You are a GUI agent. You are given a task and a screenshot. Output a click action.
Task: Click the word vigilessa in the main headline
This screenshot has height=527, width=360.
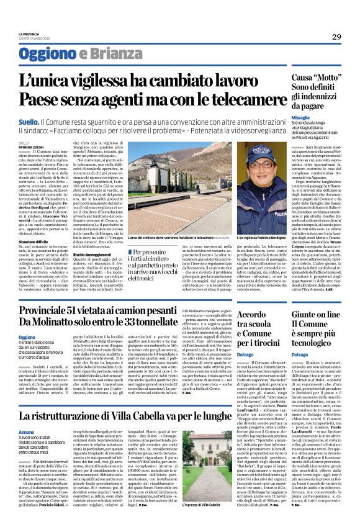[103, 81]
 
